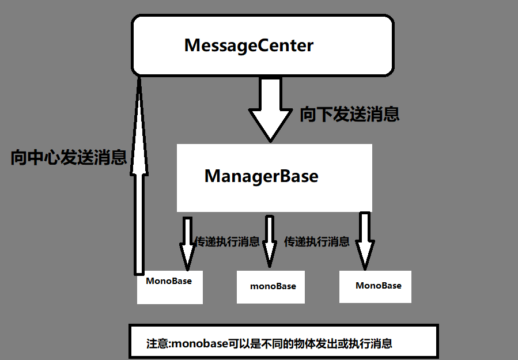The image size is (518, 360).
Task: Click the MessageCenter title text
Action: coord(249,46)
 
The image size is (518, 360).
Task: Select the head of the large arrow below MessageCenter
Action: coord(270,124)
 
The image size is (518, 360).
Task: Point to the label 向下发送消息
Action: coord(349,114)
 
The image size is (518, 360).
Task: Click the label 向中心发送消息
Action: coord(69,157)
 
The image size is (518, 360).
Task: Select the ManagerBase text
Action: coord(261,176)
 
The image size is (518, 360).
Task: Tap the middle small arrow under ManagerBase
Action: coord(269,242)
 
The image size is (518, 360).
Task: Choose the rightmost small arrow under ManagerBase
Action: coord(364,242)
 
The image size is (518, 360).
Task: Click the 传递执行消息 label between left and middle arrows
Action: coord(227,242)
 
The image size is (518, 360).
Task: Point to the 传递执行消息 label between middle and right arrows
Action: coord(316,242)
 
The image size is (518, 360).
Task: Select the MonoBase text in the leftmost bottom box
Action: coord(169,281)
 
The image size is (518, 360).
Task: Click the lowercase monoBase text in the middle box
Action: coord(273,286)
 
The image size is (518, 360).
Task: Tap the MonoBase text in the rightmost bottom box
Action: coord(379,285)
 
